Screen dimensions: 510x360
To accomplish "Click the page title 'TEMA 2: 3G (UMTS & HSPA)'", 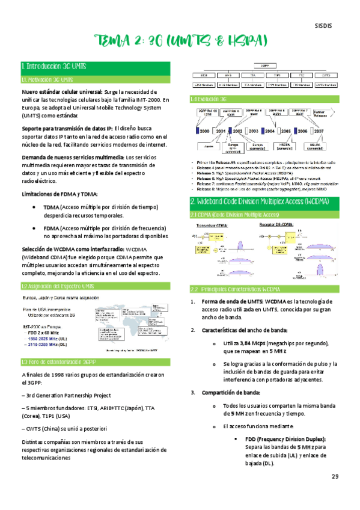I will coord(180,41).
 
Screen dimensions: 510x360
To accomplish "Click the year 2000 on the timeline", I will coord(204,131).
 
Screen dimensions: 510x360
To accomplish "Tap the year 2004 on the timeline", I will coord(269,131).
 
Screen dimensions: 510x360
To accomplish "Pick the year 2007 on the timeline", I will coord(319,131).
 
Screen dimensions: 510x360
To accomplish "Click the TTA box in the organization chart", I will coord(252,76).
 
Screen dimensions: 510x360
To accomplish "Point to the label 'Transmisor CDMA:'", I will coord(209,207).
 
